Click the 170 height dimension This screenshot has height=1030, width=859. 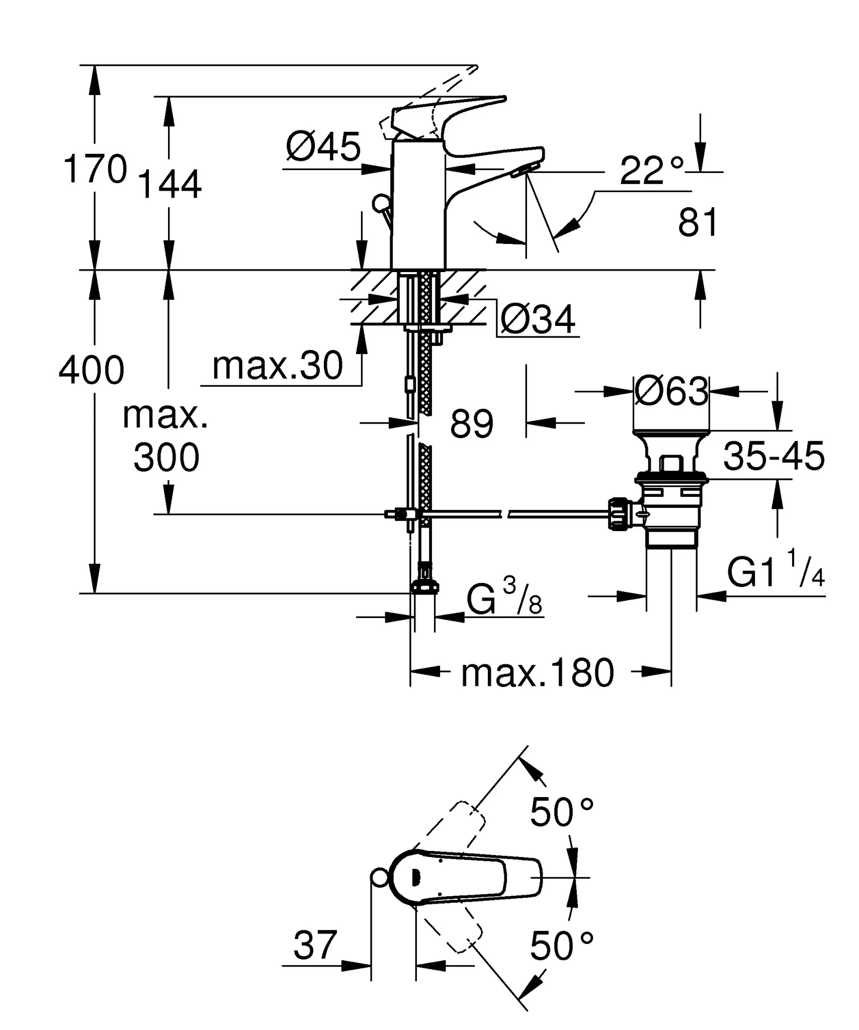[x=95, y=169]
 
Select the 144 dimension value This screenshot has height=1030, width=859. [x=169, y=185]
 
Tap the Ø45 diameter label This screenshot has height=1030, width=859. [x=323, y=147]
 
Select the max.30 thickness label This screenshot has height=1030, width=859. [x=278, y=366]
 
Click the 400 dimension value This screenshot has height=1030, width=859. [x=92, y=370]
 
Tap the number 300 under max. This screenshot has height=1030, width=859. [x=166, y=458]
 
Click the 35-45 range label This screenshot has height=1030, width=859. [x=774, y=456]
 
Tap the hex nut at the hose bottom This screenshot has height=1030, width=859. [x=425, y=587]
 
